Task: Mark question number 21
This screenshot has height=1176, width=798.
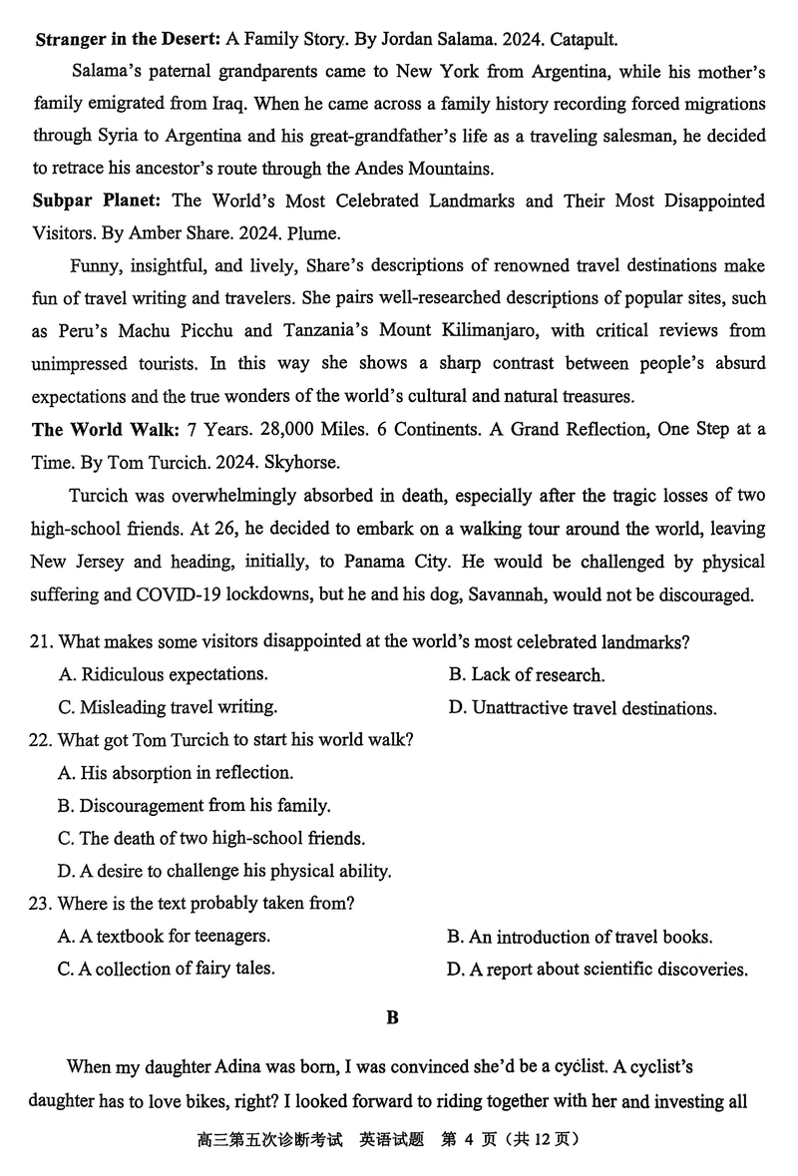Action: point(41,642)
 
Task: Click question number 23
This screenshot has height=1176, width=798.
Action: point(41,904)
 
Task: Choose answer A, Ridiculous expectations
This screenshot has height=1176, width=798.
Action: point(163,675)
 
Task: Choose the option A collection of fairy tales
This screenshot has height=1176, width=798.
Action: point(167,969)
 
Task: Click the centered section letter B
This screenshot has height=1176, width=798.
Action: point(393,1018)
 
